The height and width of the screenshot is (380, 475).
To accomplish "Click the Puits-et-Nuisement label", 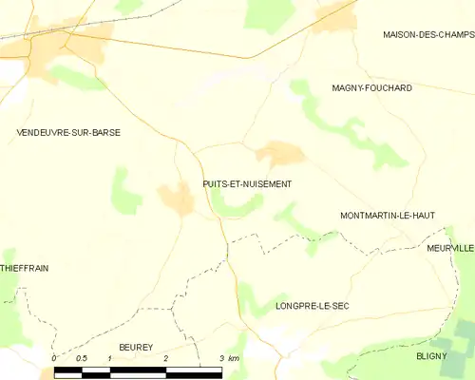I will tap(247, 183).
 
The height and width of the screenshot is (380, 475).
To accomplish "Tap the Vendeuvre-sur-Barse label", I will tap(68, 133).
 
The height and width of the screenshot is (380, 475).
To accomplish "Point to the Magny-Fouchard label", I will tap(371, 88).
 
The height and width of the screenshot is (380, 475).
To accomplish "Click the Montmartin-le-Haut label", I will tap(387, 216).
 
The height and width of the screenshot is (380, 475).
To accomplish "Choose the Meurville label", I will tap(449, 248).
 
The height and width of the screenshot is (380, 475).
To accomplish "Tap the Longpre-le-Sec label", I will tap(313, 306).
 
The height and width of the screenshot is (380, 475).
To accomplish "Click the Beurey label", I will tap(135, 349).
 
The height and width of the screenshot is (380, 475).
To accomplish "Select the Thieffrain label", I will tap(25, 269).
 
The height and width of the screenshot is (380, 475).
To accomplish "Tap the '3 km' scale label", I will tap(229, 357).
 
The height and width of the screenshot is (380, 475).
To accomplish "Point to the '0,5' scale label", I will tap(82, 357).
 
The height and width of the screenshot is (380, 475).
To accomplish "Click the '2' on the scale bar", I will tap(166, 357).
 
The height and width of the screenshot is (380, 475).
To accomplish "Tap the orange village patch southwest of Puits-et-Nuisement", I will tap(177, 199).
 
